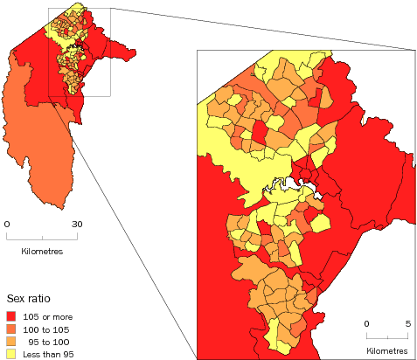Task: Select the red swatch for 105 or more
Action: [11, 315]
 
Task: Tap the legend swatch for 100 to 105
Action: [11, 329]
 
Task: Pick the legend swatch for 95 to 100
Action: [11, 341]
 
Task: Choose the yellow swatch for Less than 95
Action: [11, 353]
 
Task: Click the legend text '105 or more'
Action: [46, 315]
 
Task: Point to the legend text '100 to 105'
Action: [46, 329]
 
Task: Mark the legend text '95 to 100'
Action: [48, 341]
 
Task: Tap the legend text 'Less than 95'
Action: [48, 353]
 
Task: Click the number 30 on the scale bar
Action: [77, 225]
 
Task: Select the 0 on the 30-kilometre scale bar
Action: [8, 225]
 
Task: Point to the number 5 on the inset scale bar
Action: [407, 323]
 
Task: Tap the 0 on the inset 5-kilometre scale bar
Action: [368, 323]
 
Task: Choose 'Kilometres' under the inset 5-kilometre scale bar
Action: [386, 350]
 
